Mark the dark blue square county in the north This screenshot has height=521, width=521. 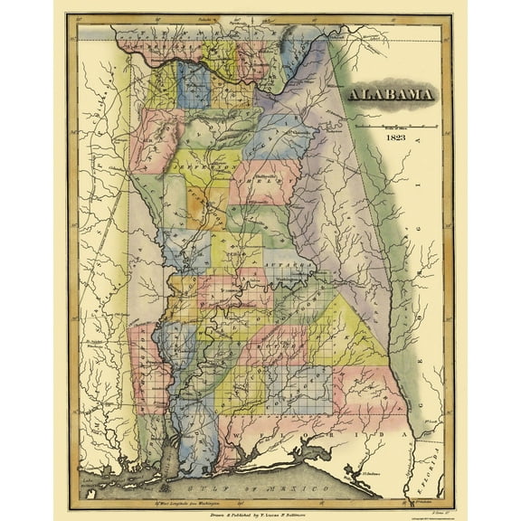coord(194,85)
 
